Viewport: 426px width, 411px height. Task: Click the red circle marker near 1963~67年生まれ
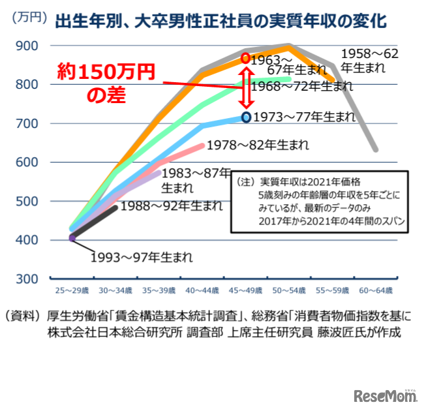click(245, 59)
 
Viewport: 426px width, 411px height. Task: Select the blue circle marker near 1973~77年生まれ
click(245, 117)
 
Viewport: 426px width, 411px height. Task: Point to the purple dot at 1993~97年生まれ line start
click(72, 237)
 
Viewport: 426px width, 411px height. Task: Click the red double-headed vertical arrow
click(246, 88)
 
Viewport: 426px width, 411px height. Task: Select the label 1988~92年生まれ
click(172, 206)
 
